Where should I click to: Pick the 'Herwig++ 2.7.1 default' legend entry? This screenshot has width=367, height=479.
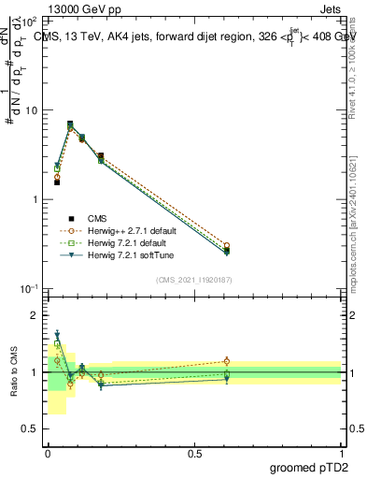coord(126,230)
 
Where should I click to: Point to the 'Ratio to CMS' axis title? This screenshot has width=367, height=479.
coord(12,371)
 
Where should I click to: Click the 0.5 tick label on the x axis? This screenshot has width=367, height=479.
coord(194,453)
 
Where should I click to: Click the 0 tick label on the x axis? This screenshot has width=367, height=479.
coord(48,453)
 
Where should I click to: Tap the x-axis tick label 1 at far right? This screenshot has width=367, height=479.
coord(341,453)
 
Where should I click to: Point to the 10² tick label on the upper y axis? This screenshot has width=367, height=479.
coord(30,21)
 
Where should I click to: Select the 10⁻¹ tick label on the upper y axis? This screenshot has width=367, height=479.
coord(30,289)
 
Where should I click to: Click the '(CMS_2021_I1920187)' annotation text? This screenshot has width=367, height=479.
coord(193,279)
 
